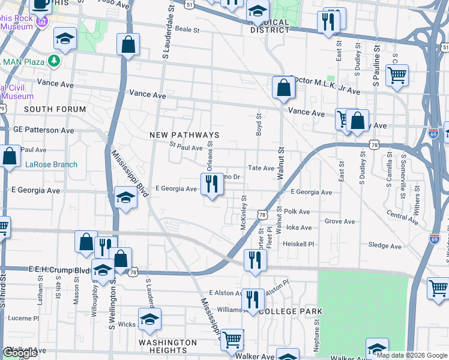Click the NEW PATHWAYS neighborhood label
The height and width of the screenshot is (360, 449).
coord(184,135)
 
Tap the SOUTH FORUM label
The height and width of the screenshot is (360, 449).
coord(47,109)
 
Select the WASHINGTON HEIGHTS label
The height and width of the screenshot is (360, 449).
coord(167,346)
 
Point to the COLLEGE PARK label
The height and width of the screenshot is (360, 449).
coord(290,311)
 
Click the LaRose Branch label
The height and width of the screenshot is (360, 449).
coord(51,164)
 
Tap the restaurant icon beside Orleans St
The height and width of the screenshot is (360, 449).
coord(211,184)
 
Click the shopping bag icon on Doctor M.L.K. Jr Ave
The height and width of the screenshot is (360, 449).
coord(283,88)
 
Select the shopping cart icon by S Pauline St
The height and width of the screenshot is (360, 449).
coord(397,76)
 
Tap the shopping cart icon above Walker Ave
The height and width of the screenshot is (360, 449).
coord(232,340)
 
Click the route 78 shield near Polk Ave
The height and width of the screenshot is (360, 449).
coord(262,214)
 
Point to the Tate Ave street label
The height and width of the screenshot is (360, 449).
coord(261,169)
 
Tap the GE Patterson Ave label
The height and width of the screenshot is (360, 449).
coord(44,130)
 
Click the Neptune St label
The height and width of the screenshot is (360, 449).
coord(333,331)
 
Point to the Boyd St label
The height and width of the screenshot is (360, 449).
coord(259,125)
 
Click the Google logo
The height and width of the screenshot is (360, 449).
coord(20,353)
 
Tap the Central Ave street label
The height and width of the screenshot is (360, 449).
coord(402,217)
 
